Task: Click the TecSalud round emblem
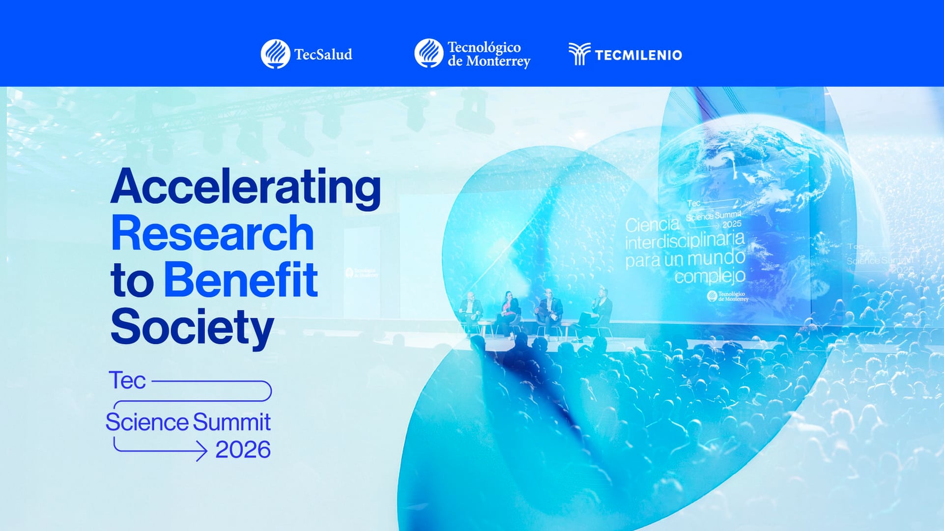coord(275,54)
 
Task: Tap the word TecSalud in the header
coord(323,55)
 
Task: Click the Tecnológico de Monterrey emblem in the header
coord(429,53)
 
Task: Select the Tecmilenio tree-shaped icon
coord(579,54)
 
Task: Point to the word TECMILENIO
coord(638,55)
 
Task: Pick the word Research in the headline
coord(212,234)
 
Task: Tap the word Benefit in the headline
coord(240,280)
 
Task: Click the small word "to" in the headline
coord(131,280)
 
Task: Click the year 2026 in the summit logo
coord(243,450)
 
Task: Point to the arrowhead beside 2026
coord(201,450)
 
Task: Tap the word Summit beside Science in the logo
coord(231,422)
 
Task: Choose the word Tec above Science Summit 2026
coord(127,381)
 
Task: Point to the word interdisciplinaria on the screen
coord(685,241)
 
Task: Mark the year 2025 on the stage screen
coord(731,224)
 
